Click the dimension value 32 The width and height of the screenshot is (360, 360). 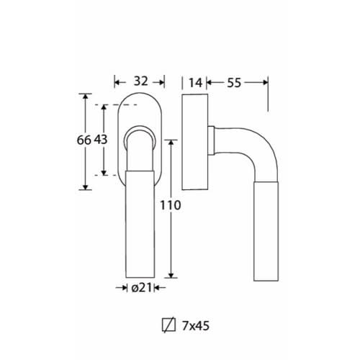tap(141, 81)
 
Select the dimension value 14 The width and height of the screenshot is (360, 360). tap(196, 83)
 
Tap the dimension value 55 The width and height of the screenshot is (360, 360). tap(234, 83)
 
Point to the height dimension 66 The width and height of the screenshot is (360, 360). tap(84, 140)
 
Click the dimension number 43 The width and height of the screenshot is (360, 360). tap(100, 140)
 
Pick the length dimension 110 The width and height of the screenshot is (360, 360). tap(171, 205)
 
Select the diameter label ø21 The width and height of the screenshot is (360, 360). tap(142, 287)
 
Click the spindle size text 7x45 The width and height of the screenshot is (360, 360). tap(196, 326)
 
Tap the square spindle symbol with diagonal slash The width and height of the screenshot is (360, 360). tap(168, 325)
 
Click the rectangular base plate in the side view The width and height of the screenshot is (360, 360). tap(194, 142)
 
